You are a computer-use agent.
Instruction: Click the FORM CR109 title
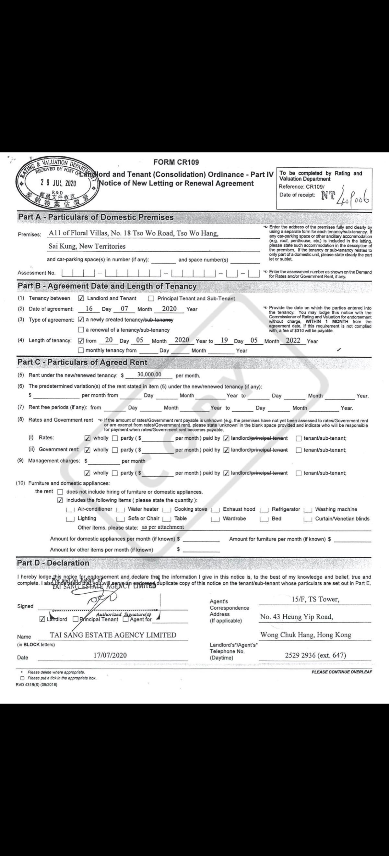click(x=176, y=162)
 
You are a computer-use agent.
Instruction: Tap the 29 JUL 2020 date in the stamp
click(x=58, y=183)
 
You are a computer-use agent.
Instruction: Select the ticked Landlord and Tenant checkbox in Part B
click(x=81, y=298)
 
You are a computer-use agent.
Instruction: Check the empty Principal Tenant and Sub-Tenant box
click(x=151, y=298)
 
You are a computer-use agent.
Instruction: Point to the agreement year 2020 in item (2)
click(x=169, y=309)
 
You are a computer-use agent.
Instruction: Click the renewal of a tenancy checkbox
click(x=81, y=330)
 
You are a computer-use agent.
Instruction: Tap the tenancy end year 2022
click(x=293, y=340)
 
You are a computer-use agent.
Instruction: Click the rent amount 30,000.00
click(x=149, y=374)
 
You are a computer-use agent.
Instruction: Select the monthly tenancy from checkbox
click(x=81, y=350)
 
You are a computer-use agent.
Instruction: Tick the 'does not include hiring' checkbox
click(x=60, y=492)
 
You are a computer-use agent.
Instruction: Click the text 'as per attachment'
click(x=163, y=527)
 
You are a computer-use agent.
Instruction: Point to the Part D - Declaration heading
click(x=53, y=563)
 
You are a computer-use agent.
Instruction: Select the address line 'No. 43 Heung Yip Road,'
click(x=296, y=617)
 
